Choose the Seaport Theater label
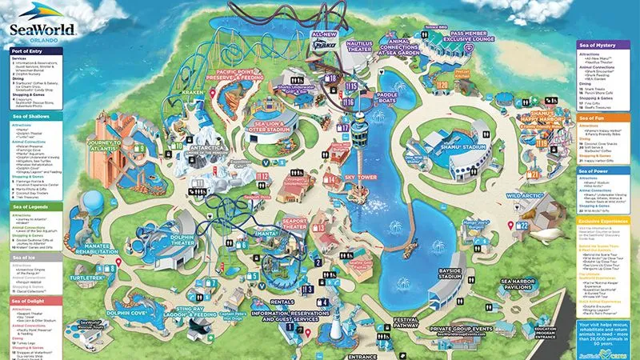coord(293,224)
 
